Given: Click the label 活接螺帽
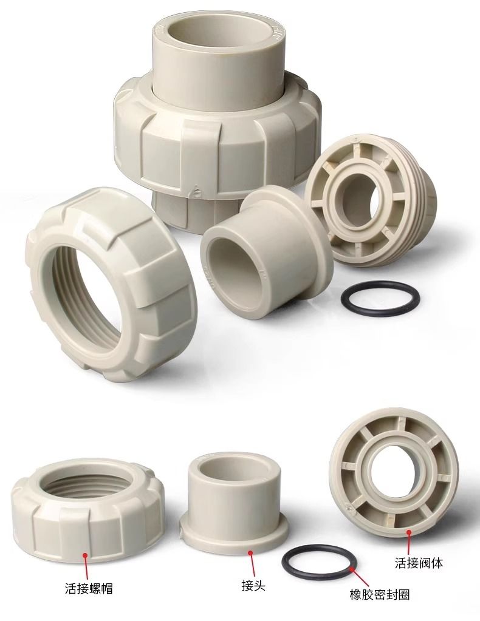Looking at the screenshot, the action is point(89,588).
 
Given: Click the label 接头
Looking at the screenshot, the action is point(253,585).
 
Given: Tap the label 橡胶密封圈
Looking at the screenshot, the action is point(379,606).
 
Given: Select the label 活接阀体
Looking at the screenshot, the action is point(419,563).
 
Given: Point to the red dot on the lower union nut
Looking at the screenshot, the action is point(85,555).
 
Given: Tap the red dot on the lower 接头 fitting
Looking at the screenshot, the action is point(250,552).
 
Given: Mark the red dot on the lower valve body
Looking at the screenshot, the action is point(409,533).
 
